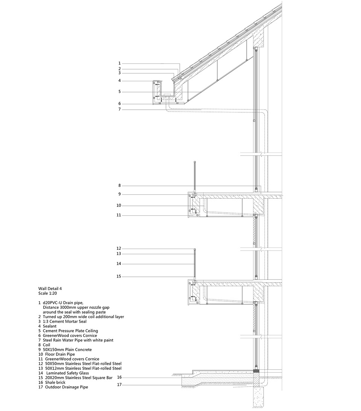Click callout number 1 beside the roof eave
119,63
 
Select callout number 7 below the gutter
119,109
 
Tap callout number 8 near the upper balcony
119,186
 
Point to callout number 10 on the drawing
119,205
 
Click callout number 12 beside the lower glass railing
119,248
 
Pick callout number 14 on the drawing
119,264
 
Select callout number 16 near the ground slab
119,377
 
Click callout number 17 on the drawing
119,385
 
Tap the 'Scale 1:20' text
47,293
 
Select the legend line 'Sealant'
50,326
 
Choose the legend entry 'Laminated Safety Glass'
68,373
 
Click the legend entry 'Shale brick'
55,382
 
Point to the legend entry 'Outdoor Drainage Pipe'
67,387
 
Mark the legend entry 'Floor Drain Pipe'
60,354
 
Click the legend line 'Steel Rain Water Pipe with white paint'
78,340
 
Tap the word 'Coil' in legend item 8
46,345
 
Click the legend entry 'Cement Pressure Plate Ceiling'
71,331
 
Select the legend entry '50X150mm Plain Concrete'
67,350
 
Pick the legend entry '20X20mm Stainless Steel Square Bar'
79,378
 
